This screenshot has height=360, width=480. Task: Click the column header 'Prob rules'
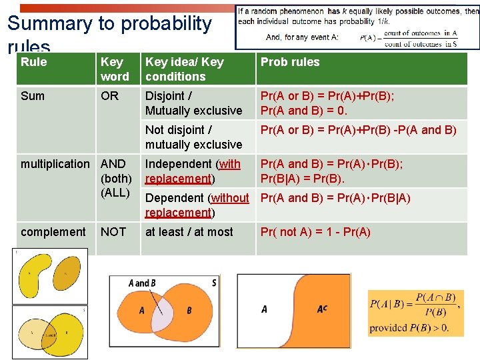pyautogui.click(x=290, y=62)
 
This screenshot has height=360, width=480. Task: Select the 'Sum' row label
pyautogui.click(x=33, y=96)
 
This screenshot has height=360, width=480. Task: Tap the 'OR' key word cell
pyautogui.click(x=109, y=96)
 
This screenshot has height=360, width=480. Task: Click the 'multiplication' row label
pyautogui.click(x=55, y=164)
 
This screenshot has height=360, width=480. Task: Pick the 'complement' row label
pyautogui.click(x=53, y=232)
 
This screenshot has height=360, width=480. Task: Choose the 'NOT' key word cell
pyautogui.click(x=113, y=232)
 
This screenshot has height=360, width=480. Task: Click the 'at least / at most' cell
pyautogui.click(x=189, y=232)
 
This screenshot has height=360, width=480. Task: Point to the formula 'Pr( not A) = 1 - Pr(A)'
pyautogui.click(x=315, y=232)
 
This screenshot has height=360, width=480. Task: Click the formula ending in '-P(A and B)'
pyautogui.click(x=359, y=130)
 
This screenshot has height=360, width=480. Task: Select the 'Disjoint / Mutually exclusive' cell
pyautogui.click(x=193, y=103)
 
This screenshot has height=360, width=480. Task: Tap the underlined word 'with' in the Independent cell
pyautogui.click(x=229, y=164)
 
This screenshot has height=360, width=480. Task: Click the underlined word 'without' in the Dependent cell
pyautogui.click(x=230, y=198)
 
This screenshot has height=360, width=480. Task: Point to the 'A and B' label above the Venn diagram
pyautogui.click(x=141, y=283)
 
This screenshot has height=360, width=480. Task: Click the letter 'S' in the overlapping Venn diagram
pyautogui.click(x=213, y=283)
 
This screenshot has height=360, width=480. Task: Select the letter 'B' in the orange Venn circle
pyautogui.click(x=189, y=311)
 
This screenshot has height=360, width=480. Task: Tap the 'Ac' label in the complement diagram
pyautogui.click(x=322, y=309)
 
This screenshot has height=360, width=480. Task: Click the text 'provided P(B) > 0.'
pyautogui.click(x=409, y=327)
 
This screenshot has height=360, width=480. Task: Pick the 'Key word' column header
pyautogui.click(x=115, y=69)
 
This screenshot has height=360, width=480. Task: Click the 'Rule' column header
pyautogui.click(x=34, y=62)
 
